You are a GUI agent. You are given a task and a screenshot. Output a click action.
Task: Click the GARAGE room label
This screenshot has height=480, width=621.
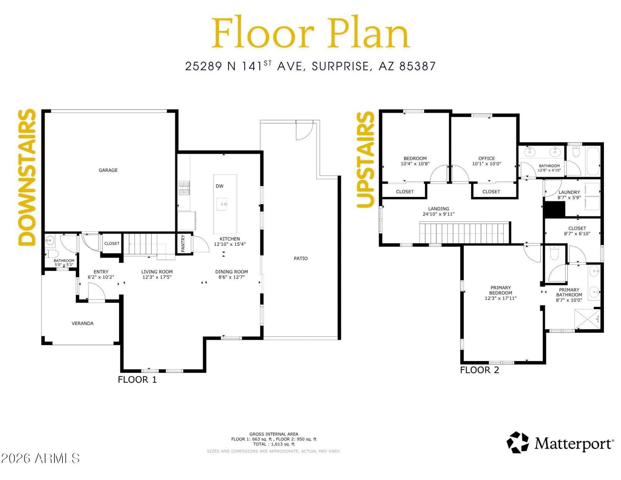(108, 170)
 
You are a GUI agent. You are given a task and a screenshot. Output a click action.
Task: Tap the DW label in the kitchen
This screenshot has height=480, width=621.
(220, 186)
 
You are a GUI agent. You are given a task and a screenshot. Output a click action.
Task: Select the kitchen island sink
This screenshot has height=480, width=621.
(222, 204)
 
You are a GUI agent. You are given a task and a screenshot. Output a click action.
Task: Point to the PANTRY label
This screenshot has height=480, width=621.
(183, 243)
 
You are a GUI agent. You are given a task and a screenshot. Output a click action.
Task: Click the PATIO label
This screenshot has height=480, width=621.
(300, 258)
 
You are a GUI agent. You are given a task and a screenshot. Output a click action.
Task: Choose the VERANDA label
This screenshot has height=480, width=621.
(82, 323)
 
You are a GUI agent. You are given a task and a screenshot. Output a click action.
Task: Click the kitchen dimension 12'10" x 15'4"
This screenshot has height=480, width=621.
(230, 244)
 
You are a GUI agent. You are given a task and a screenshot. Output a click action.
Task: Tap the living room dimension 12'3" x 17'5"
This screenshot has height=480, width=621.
(157, 277)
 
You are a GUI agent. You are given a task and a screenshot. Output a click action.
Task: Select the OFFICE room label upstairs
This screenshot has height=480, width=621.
(486, 158)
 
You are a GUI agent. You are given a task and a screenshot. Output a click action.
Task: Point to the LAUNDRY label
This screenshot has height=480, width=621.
(569, 192)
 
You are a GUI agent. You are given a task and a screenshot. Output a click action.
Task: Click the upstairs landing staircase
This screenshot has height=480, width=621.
(464, 232)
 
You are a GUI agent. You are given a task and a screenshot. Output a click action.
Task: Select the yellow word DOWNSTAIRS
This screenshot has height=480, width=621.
(27, 178)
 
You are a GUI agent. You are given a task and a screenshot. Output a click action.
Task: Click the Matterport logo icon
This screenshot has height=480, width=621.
(517, 442)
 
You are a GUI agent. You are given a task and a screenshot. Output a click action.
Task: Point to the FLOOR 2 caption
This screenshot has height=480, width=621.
(480, 370)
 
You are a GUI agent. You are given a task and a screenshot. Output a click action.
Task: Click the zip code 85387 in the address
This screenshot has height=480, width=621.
(418, 66)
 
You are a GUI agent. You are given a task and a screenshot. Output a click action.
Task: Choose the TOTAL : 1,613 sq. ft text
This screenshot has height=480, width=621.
(274, 444)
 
